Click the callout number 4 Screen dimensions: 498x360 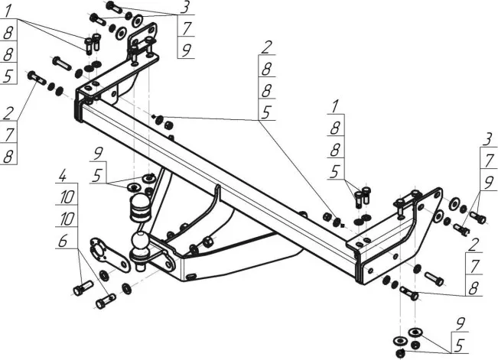[x=62, y=176]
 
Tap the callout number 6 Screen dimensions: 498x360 [x=63, y=242]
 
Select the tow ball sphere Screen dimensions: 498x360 [x=140, y=242]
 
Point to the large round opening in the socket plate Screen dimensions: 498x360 [x=99, y=251]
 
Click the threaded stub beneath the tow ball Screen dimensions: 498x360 [x=140, y=265]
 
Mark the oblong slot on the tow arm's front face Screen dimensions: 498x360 [x=191, y=277]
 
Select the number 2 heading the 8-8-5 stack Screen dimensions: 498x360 [x=266, y=47]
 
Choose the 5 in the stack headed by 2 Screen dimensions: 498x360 [x=266, y=112]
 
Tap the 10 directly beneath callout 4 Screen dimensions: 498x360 [x=67, y=197]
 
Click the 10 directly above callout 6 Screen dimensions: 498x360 [x=67, y=219]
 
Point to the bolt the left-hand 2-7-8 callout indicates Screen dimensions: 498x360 [x=37, y=78]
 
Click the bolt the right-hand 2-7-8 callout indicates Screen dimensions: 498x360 [x=409, y=293]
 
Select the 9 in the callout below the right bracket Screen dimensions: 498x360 [x=461, y=324]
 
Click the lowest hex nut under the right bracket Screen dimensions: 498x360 [x=400, y=352]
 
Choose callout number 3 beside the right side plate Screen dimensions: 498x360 [x=487, y=140]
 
